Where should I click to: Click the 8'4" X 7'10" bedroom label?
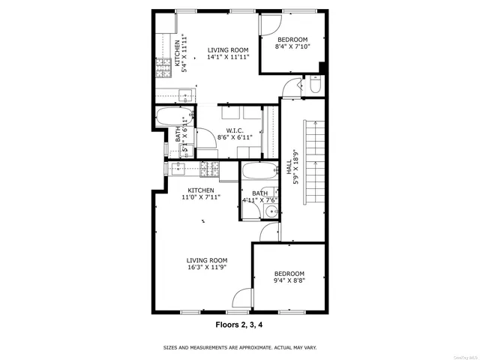pyautogui.click(x=292, y=43)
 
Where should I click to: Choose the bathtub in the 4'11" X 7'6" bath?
pyautogui.click(x=259, y=172)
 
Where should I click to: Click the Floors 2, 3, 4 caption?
pyautogui.click(x=240, y=325)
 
